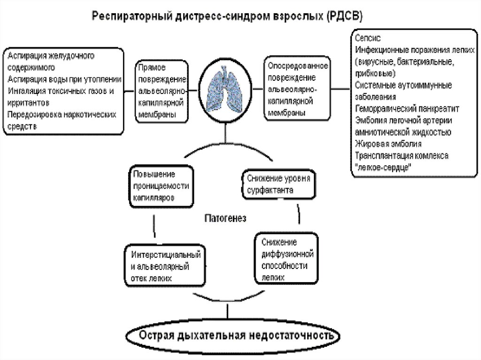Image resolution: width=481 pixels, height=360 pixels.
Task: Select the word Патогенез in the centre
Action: (225, 218)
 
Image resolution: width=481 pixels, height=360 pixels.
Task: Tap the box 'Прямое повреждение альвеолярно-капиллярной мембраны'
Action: (161, 91)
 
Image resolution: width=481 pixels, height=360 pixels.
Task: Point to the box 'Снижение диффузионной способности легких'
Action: (284, 259)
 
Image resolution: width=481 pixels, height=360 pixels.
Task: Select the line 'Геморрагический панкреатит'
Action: (407, 108)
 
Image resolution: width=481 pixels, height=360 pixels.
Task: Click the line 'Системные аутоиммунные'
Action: (403, 85)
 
